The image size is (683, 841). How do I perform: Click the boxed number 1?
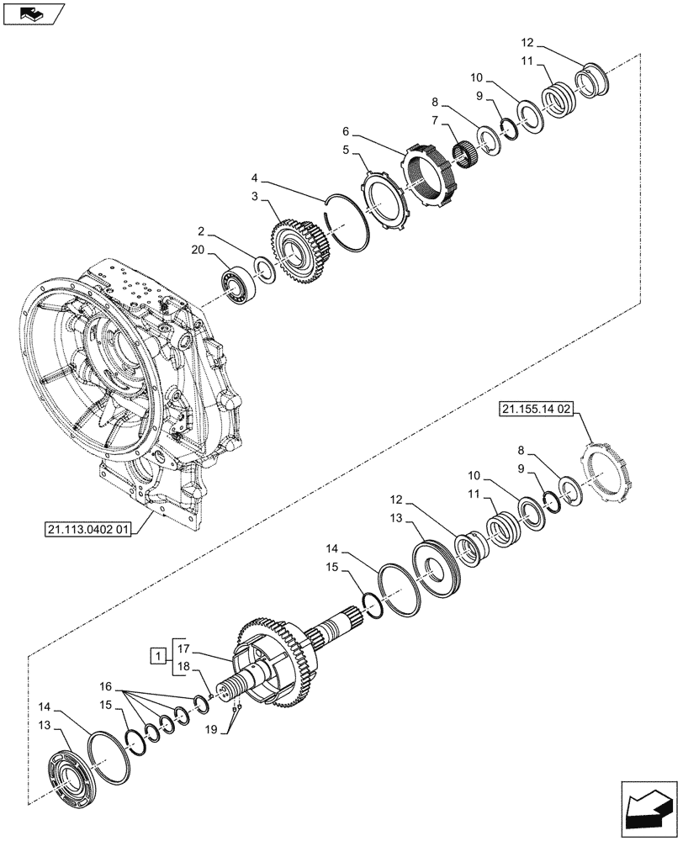(156, 653)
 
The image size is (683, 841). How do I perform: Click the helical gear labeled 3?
(298, 251)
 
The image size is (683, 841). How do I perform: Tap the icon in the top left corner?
(31, 13)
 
